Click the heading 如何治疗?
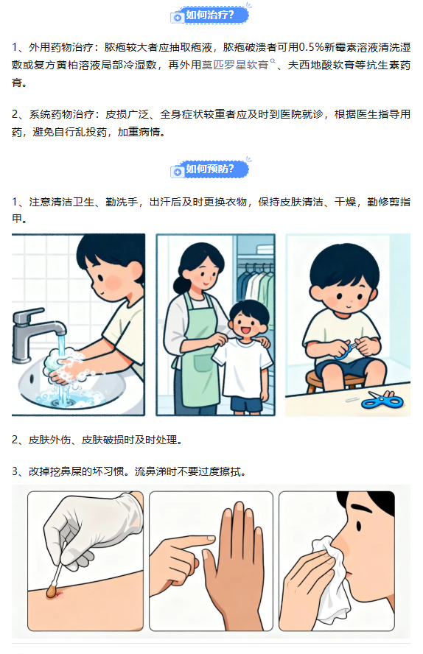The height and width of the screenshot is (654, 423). pos(209,15)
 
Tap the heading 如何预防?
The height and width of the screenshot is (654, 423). pos(209,169)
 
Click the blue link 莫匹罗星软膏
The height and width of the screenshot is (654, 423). pos(235,65)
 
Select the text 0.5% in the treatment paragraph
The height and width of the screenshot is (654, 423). pos(312,48)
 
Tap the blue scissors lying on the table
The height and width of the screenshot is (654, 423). pos(382,401)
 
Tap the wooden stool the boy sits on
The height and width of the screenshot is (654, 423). pos(333,380)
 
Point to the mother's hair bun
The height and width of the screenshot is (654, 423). pos(181,285)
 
